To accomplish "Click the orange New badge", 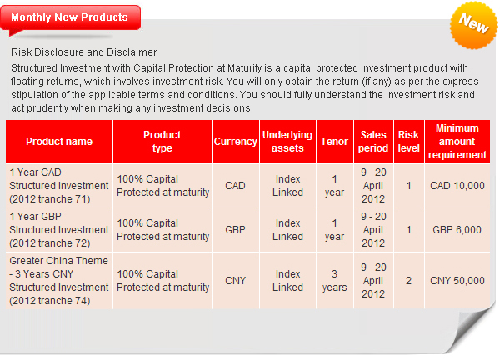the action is (474, 25).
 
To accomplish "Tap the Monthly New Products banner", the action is (70, 18).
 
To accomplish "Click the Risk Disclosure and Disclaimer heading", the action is (84, 52).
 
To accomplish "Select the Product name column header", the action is (59, 142).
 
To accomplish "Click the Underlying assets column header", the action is (287, 142).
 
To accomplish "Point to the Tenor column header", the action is (335, 142).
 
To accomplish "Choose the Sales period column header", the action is (373, 142).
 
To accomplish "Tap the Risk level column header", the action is (409, 142).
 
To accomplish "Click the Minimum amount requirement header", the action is (457, 142).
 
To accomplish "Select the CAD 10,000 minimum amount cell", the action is (457, 186).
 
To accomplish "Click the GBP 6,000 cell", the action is (457, 230).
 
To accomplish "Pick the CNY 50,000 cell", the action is (457, 281).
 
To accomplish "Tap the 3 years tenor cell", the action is (335, 281).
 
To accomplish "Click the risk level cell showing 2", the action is (409, 281).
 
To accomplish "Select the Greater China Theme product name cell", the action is (59, 281).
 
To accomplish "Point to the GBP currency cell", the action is (236, 230).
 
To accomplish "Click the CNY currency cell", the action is (236, 281).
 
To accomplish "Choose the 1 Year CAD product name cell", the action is (59, 186).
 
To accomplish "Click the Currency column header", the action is (236, 142).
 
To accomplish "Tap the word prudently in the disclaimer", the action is (47, 108).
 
